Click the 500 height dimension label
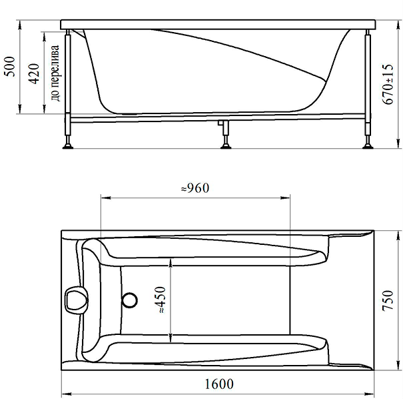(11, 67)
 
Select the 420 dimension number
(34, 73)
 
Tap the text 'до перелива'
(55, 73)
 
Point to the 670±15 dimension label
(388, 84)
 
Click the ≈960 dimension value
(195, 188)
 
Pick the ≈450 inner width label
(161, 300)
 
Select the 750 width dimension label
(388, 301)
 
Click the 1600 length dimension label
(219, 384)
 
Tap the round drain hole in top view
(129, 300)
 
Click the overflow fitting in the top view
(76, 300)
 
